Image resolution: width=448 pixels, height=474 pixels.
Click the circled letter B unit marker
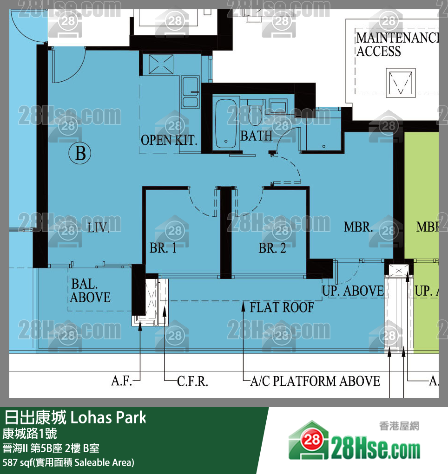point(79,153)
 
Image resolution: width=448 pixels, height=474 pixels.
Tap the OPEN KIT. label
point(169,140)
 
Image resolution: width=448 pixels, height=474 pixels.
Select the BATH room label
point(256,136)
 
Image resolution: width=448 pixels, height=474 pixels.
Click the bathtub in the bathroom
point(226,123)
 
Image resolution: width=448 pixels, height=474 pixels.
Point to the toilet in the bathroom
point(255,112)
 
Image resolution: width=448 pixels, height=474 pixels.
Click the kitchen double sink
point(190,92)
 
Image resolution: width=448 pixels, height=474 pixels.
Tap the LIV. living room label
point(99,227)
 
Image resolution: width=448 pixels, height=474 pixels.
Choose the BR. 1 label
point(163,248)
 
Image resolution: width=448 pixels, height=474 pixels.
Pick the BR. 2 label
point(272,248)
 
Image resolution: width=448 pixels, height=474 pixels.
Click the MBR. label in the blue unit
point(358,227)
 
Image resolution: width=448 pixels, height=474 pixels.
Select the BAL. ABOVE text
point(90,291)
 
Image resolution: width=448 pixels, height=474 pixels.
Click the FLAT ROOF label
point(282,307)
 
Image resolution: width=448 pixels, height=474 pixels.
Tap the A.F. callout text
point(121,381)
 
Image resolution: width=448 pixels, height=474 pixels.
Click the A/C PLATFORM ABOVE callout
point(315,381)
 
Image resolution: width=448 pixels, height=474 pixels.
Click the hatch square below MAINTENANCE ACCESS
point(401,83)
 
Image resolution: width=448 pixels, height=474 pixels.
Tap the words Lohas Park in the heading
point(108,418)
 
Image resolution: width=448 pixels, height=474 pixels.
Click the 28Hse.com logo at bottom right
point(355,441)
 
